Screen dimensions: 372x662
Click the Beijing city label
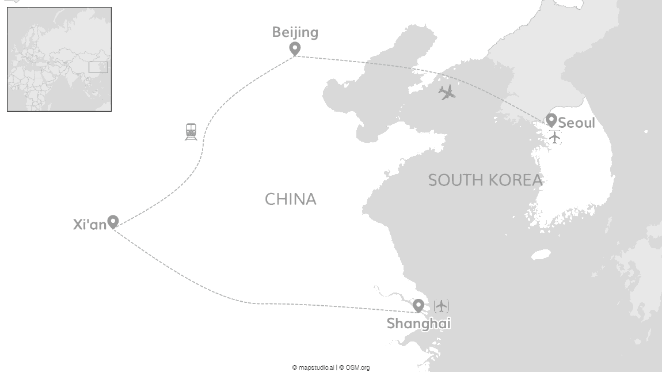295,32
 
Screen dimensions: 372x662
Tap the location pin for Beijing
295,49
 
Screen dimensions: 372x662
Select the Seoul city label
576,123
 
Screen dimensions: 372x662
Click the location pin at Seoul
551,120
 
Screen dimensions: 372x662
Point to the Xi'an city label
90,225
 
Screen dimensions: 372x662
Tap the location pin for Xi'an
113,221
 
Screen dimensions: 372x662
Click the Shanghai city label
418,324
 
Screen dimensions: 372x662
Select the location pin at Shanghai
418,305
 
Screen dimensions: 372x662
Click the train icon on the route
191,132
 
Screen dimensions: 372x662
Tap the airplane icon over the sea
447,92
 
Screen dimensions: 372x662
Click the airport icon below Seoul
554,138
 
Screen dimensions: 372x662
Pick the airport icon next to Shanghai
442,305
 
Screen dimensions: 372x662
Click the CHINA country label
290,199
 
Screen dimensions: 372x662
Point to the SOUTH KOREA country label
485,180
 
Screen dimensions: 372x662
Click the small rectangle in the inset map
98,67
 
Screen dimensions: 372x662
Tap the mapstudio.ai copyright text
314,367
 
